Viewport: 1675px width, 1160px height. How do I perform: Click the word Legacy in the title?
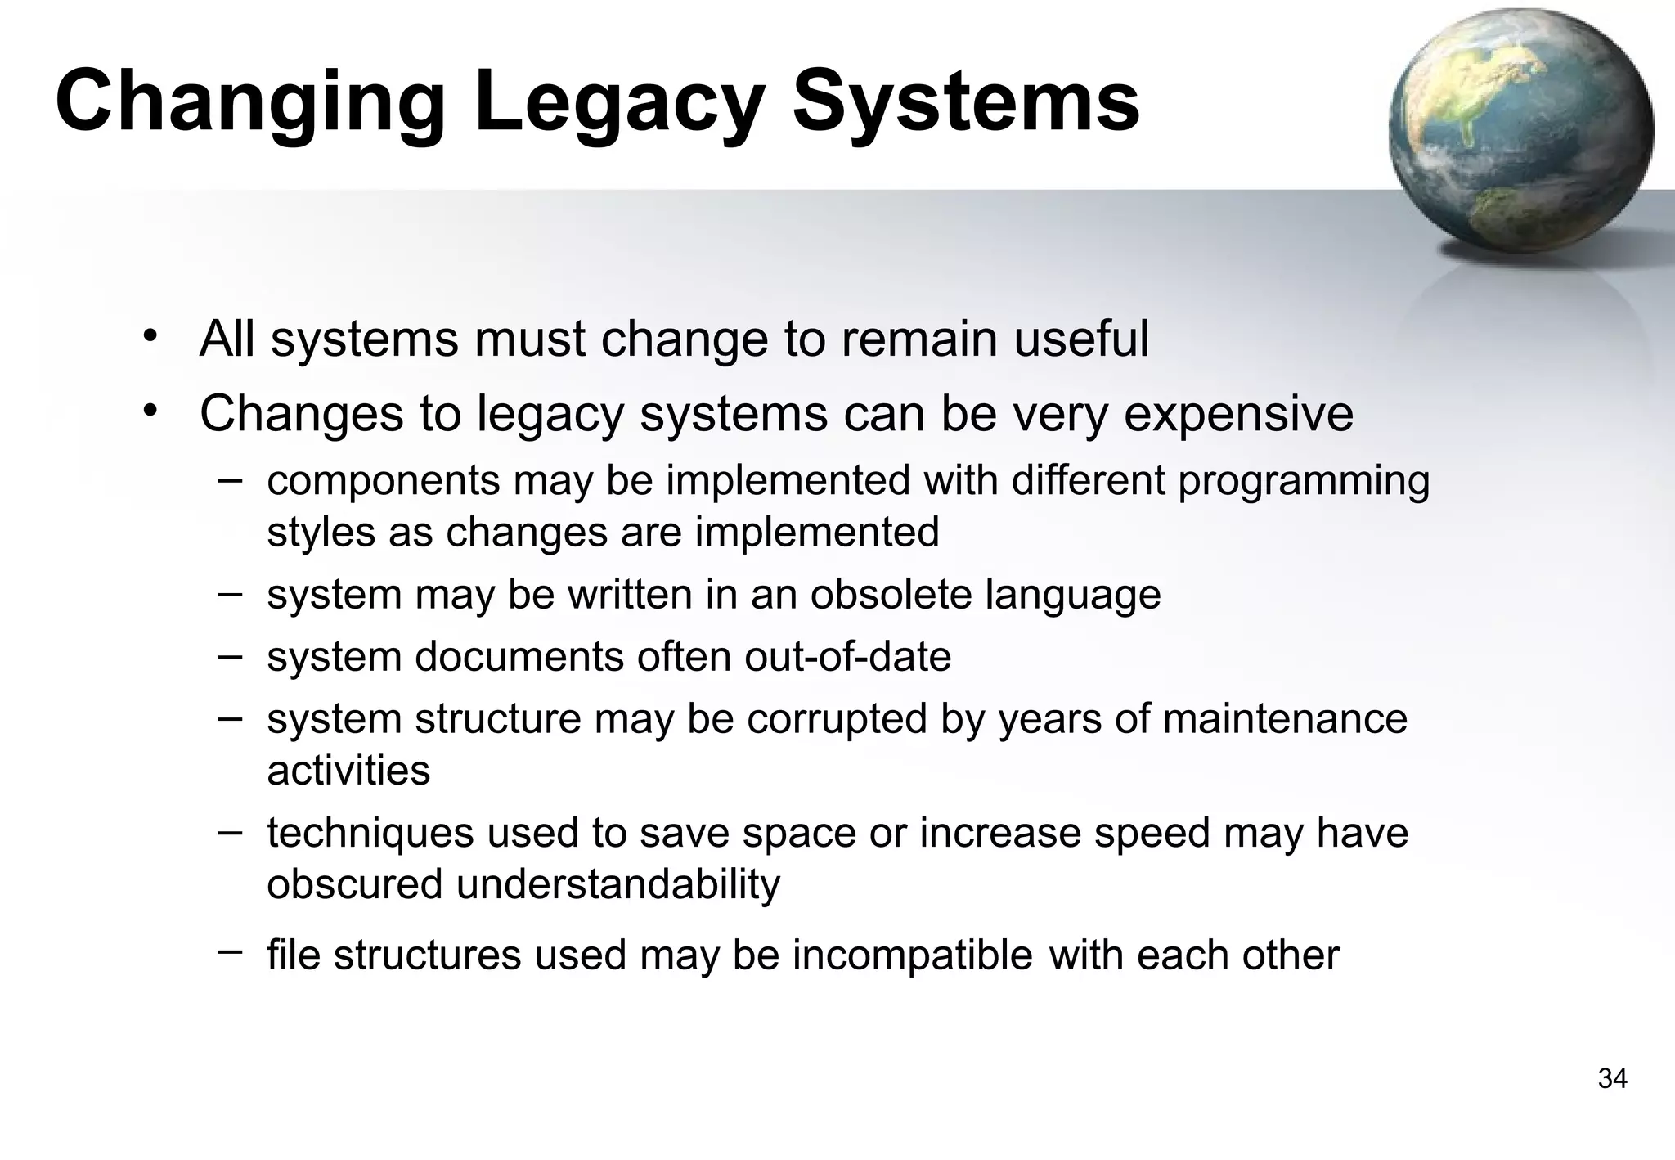(618, 102)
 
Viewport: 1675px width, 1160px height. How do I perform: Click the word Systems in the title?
(966, 102)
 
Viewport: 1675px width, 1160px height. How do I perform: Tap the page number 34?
(1612, 1079)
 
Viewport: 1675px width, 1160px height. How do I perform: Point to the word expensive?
(1238, 413)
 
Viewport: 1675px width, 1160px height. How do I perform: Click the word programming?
(1304, 480)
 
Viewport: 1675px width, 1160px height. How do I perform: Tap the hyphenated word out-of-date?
(847, 657)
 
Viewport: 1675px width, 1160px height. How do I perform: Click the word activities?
(348, 771)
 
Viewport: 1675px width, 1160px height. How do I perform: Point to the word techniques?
(370, 833)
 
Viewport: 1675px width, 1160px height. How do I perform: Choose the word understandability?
(617, 884)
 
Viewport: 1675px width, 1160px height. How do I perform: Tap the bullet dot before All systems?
(148, 336)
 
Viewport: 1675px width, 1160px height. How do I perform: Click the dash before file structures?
(230, 951)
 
